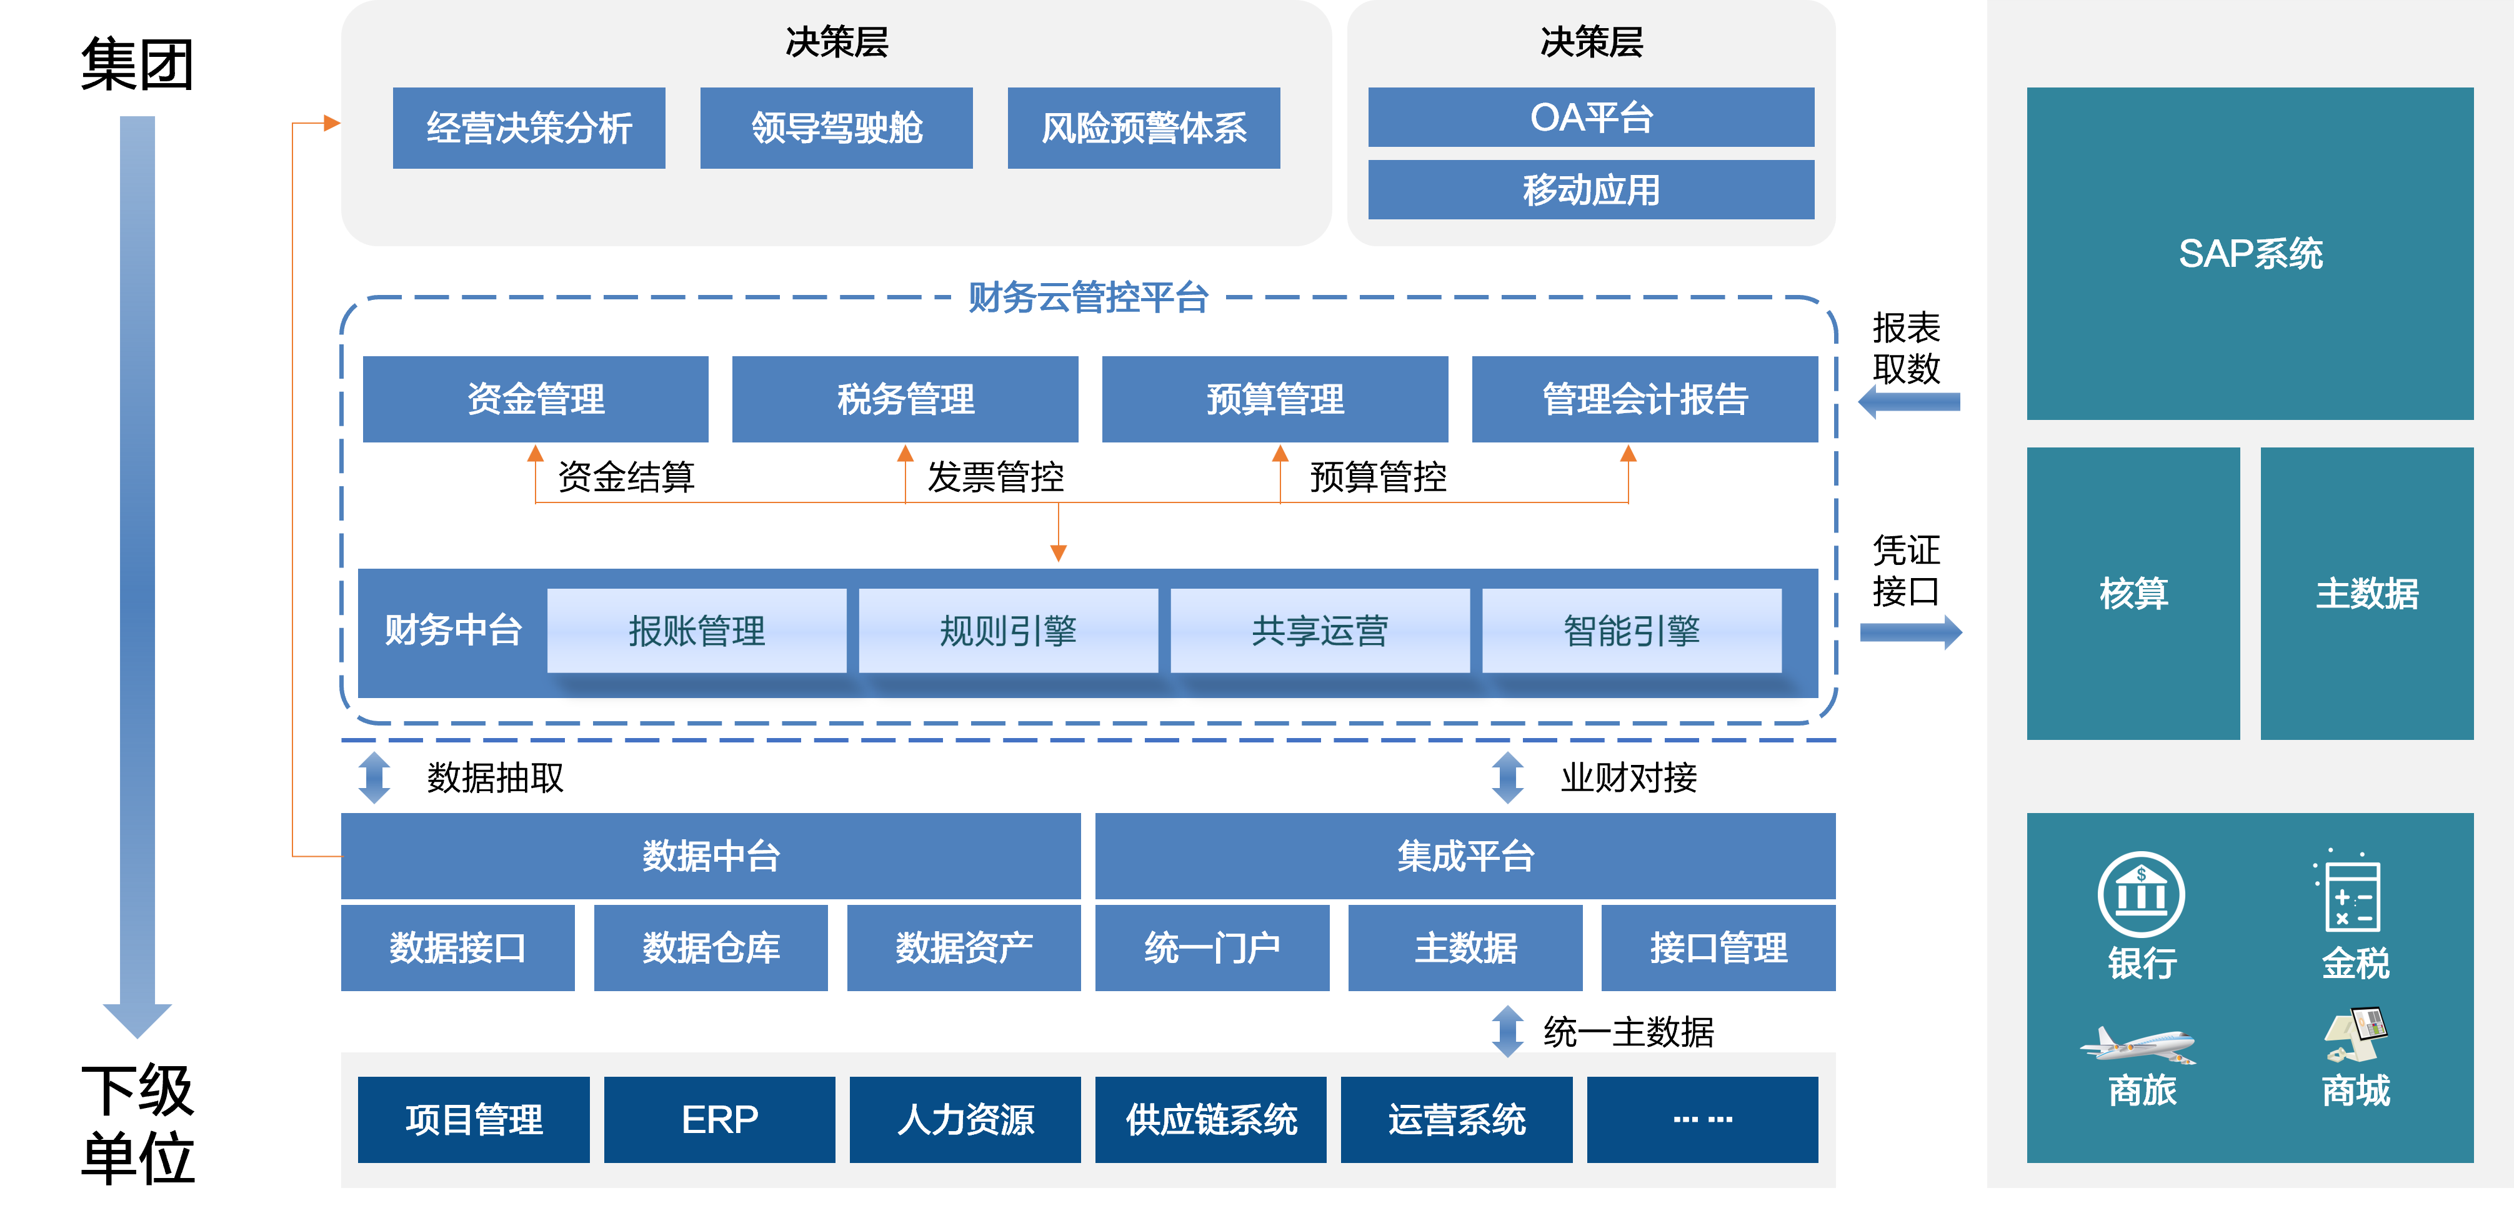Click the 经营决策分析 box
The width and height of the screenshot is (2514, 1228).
(x=529, y=128)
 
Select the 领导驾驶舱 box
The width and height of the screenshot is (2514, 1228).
(x=836, y=128)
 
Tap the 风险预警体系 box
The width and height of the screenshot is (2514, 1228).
(x=1144, y=128)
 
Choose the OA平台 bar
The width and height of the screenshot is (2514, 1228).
(x=1591, y=117)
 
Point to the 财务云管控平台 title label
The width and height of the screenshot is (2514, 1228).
(x=1088, y=297)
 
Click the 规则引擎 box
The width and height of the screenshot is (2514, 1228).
(x=1008, y=631)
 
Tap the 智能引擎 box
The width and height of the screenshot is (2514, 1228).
(x=1632, y=631)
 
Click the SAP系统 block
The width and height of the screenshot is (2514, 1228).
(x=2250, y=254)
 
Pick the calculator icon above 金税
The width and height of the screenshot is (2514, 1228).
(x=2352, y=893)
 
